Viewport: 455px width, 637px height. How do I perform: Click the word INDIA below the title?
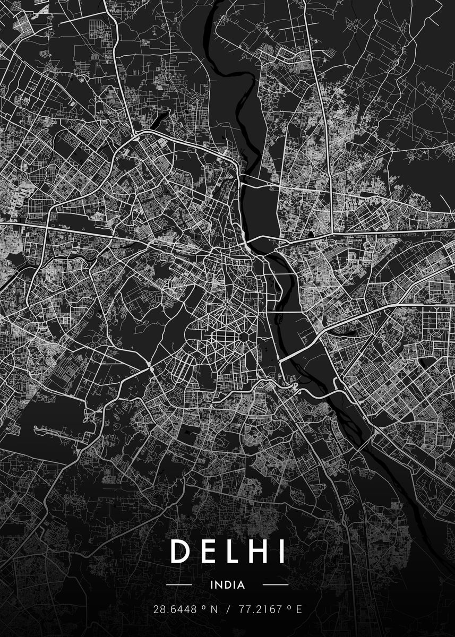pos(227,585)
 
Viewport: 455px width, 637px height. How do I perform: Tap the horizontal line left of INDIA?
pos(179,585)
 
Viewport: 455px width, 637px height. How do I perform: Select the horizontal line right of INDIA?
pos(276,585)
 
